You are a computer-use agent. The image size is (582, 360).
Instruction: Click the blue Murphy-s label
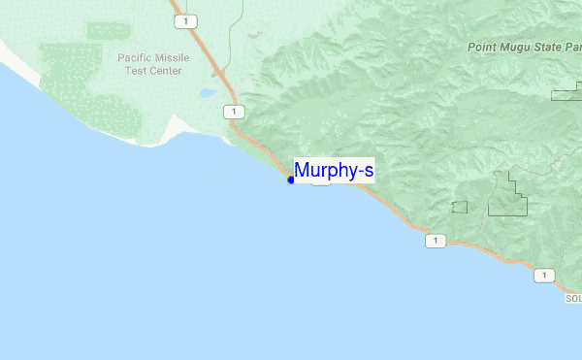point(334,172)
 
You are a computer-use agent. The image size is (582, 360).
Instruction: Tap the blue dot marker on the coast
point(291,180)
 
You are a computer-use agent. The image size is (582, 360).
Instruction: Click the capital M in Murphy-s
point(303,172)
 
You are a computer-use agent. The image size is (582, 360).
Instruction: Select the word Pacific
point(138,58)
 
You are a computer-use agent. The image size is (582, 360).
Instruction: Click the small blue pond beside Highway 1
point(209,94)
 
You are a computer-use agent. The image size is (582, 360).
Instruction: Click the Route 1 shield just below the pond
point(233,112)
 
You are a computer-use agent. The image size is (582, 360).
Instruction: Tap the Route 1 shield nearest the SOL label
point(544,276)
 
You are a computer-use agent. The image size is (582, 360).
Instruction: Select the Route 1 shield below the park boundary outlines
point(436,241)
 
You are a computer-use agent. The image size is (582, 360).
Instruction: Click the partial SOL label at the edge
point(572,299)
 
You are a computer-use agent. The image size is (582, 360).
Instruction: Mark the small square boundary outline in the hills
point(459,207)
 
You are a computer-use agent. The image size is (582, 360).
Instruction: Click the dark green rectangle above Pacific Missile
point(108,30)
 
